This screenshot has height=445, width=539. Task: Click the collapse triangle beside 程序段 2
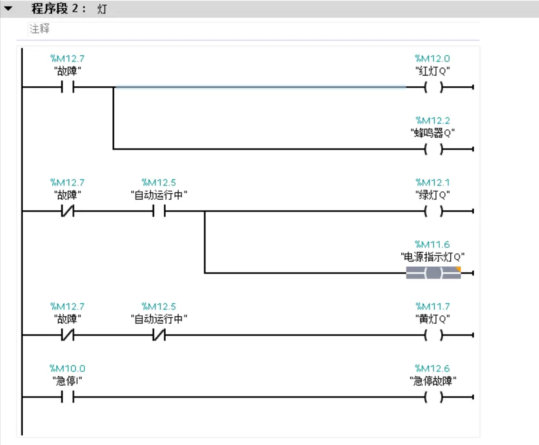click(8, 8)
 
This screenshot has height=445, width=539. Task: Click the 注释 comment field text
click(39, 29)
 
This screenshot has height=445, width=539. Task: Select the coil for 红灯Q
click(433, 87)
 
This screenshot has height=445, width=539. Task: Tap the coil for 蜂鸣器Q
click(433, 149)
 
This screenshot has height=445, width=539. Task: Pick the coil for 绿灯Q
click(433, 211)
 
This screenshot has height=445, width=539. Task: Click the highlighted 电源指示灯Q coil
click(433, 273)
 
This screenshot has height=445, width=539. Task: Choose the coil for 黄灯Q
click(433, 335)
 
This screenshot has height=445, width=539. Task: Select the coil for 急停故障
click(433, 397)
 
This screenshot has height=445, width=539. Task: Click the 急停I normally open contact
click(67, 397)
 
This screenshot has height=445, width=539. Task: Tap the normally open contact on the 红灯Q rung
click(67, 87)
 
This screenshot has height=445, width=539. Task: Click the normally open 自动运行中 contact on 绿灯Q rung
click(159, 211)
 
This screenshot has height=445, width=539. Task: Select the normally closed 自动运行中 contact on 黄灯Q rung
click(159, 335)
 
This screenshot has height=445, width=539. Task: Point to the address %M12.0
click(432, 59)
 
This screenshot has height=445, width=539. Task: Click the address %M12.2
click(432, 121)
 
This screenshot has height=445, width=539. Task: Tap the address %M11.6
click(432, 245)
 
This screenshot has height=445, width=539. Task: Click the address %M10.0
click(67, 369)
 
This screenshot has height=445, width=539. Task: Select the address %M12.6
click(432, 369)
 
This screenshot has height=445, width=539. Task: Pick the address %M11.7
click(432, 307)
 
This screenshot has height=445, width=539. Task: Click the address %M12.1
click(432, 183)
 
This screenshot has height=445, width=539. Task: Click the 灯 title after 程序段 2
click(102, 9)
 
